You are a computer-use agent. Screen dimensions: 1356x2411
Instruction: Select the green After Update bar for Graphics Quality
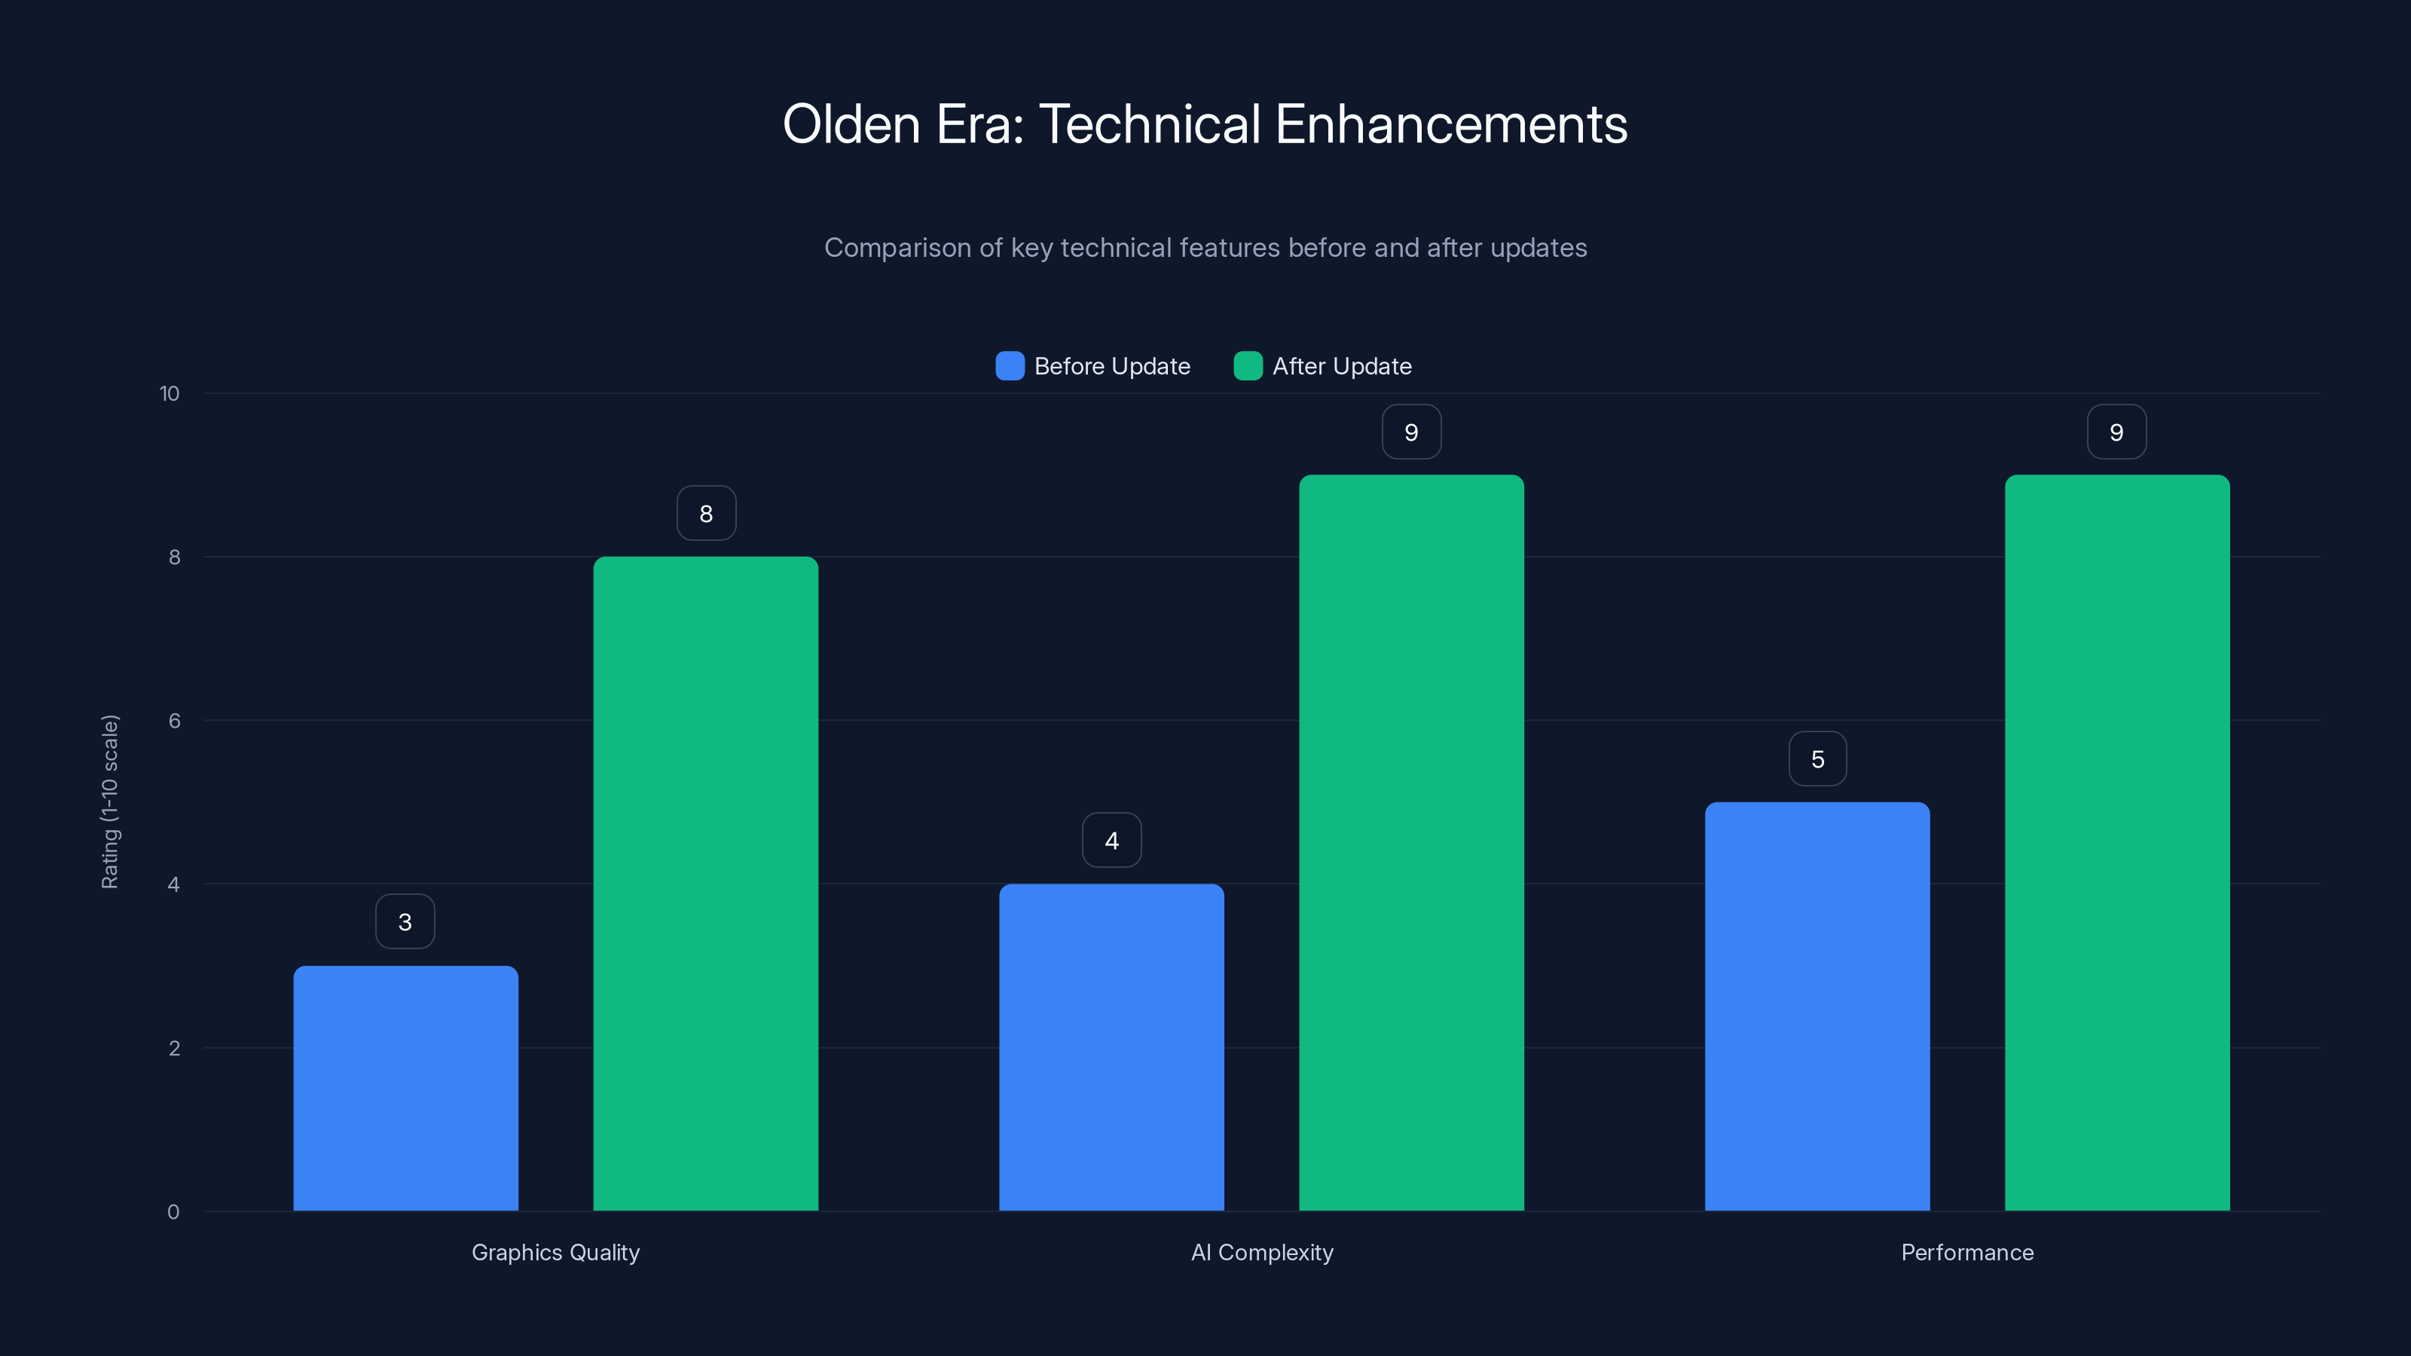[706, 884]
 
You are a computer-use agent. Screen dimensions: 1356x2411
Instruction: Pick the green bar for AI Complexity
[1411, 842]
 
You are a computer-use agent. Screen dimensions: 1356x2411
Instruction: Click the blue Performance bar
[1817, 1006]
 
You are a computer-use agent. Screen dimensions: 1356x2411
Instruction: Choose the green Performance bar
[2117, 842]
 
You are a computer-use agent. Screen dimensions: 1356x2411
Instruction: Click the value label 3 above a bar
[405, 922]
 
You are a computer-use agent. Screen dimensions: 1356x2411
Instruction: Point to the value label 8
[706, 513]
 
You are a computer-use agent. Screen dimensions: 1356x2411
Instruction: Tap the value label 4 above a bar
[1111, 841]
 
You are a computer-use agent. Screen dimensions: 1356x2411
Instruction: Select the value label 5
[1817, 759]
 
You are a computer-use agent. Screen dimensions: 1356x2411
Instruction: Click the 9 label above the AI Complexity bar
[1411, 432]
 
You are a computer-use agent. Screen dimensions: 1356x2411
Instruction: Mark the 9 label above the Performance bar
[2116, 432]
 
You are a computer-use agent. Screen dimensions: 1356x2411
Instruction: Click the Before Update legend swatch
[1010, 366]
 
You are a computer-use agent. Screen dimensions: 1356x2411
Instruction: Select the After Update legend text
[1341, 366]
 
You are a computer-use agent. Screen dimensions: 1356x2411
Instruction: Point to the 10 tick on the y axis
[170, 393]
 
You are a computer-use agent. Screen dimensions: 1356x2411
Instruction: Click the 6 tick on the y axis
[174, 721]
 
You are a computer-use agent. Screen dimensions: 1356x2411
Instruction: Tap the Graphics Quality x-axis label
[555, 1252]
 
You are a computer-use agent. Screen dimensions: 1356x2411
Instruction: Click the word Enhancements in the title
[1450, 124]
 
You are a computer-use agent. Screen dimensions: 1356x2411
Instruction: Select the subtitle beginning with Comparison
[1205, 248]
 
